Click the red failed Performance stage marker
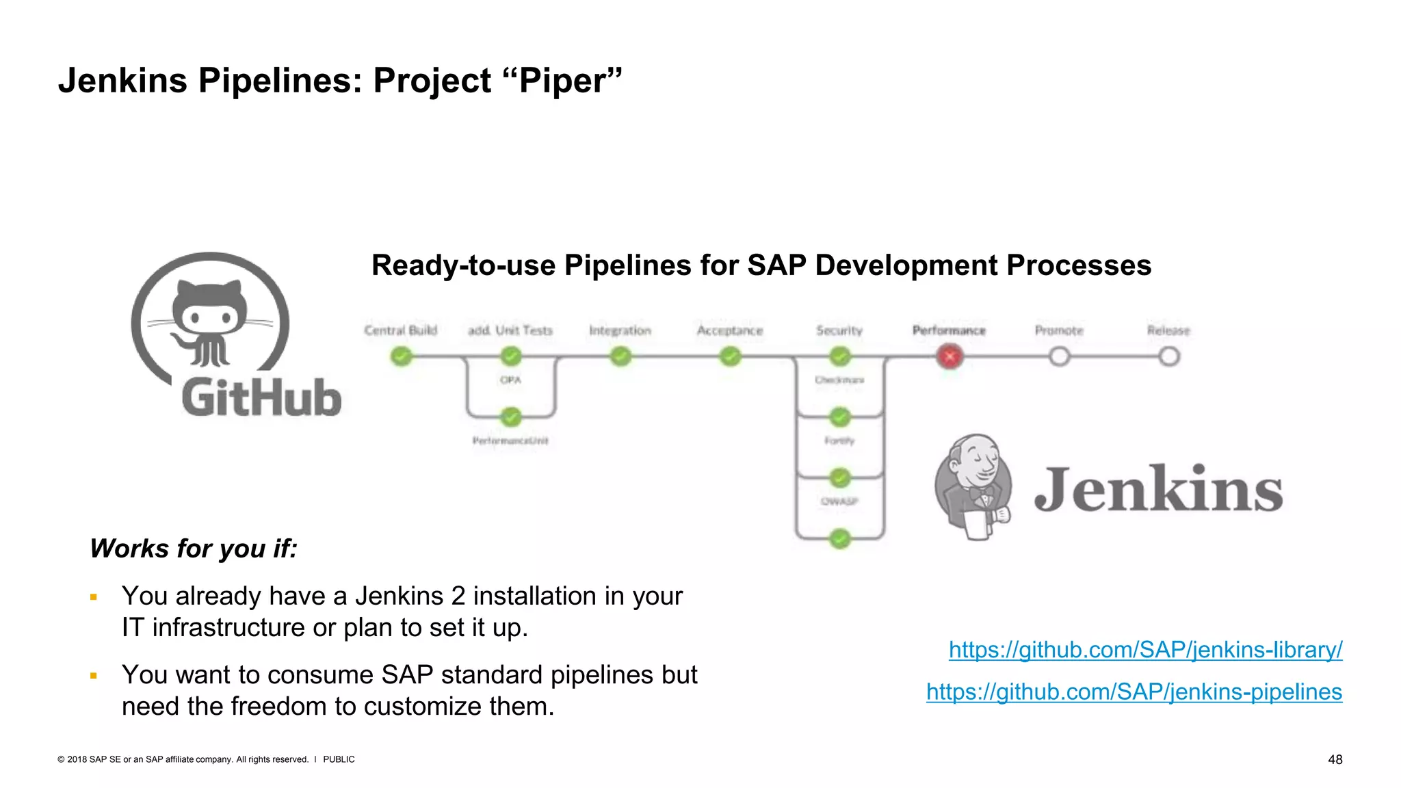coord(950,356)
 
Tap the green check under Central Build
coord(402,356)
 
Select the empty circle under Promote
coord(1059,356)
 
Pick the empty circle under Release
coord(1169,356)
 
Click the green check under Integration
coord(620,356)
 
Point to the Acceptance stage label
coord(730,330)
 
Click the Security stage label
coord(839,330)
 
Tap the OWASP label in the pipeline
coord(839,501)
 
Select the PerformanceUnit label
coord(510,441)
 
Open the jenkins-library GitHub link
coord(1145,650)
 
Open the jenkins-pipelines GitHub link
coord(1134,692)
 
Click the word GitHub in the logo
coord(261,398)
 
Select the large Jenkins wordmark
coord(1158,489)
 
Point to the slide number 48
coord(1335,759)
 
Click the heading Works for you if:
coord(194,549)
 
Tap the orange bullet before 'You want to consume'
coord(94,676)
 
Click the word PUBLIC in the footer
coord(339,759)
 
